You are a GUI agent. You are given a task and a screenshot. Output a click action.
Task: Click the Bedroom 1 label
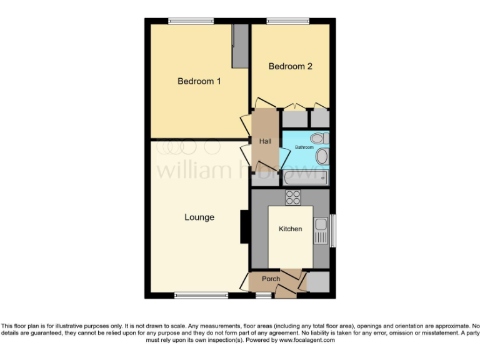point(199,81)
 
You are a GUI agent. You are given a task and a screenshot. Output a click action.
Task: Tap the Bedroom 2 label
point(290,66)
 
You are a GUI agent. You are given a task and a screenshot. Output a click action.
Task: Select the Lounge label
point(199,217)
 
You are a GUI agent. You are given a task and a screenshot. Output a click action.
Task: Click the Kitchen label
point(290,229)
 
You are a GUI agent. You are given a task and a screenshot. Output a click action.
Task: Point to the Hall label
point(265,142)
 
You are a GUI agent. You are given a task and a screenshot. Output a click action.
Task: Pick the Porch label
point(271,279)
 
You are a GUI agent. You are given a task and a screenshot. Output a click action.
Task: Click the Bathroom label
point(304,147)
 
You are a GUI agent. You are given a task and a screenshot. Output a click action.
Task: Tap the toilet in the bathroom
point(319,138)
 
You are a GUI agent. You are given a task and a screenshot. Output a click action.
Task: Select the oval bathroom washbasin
point(322,156)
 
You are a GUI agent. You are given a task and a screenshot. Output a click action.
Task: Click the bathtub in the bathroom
point(305,179)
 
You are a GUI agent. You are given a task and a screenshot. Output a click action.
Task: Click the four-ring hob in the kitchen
point(293,197)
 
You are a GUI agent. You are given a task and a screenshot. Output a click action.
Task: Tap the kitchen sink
point(321,230)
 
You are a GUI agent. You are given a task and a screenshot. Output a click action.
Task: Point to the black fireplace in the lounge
point(244,226)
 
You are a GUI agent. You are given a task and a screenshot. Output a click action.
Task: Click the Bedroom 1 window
point(191,21)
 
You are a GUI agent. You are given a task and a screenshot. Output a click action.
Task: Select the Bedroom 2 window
point(287,21)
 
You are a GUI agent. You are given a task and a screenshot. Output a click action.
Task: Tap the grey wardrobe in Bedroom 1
point(239,46)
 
